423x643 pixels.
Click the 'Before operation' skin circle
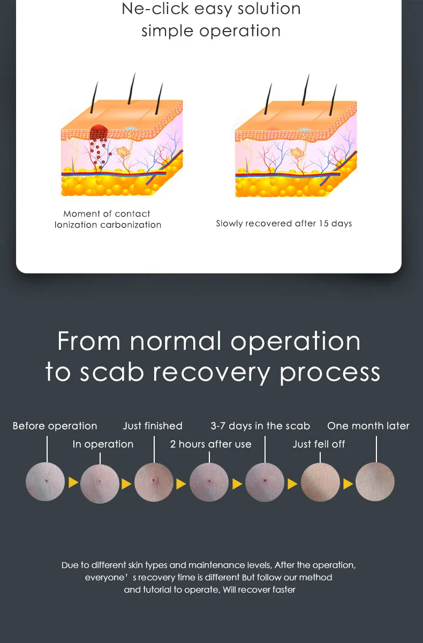(x=46, y=482)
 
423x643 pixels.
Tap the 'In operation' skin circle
(x=100, y=484)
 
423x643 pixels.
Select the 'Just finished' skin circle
(x=154, y=482)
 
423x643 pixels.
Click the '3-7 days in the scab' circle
(x=265, y=482)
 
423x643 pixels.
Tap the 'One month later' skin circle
(x=375, y=482)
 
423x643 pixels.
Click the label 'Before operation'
(x=55, y=426)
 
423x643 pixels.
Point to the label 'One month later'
(x=368, y=426)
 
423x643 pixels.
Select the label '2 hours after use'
(x=210, y=444)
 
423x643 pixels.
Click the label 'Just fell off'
(x=319, y=444)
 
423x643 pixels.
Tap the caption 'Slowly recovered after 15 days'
(x=284, y=224)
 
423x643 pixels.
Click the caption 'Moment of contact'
(x=107, y=214)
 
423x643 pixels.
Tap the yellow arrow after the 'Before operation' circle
(x=73, y=483)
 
